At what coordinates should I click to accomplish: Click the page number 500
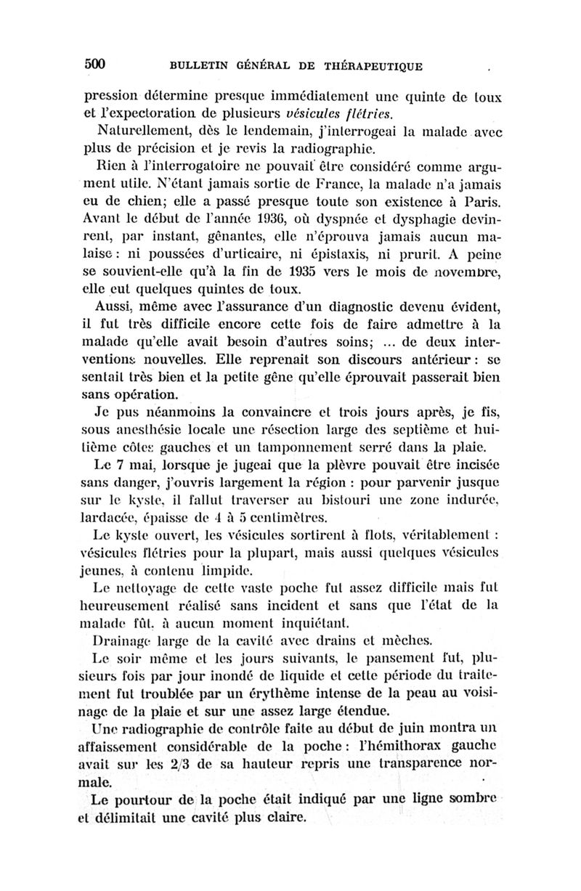coord(95,63)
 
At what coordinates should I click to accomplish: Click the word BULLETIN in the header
coord(201,66)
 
